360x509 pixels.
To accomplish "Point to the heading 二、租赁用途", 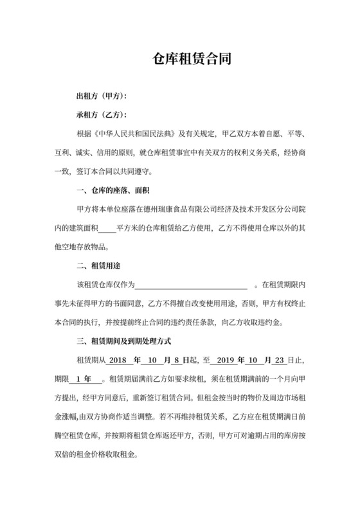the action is pyautogui.click(x=100, y=265).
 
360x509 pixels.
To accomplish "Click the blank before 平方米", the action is pyautogui.click(x=108, y=228).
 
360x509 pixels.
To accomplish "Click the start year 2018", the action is pyautogui.click(x=120, y=359).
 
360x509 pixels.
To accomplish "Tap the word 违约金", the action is pyautogui.click(x=281, y=321).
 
